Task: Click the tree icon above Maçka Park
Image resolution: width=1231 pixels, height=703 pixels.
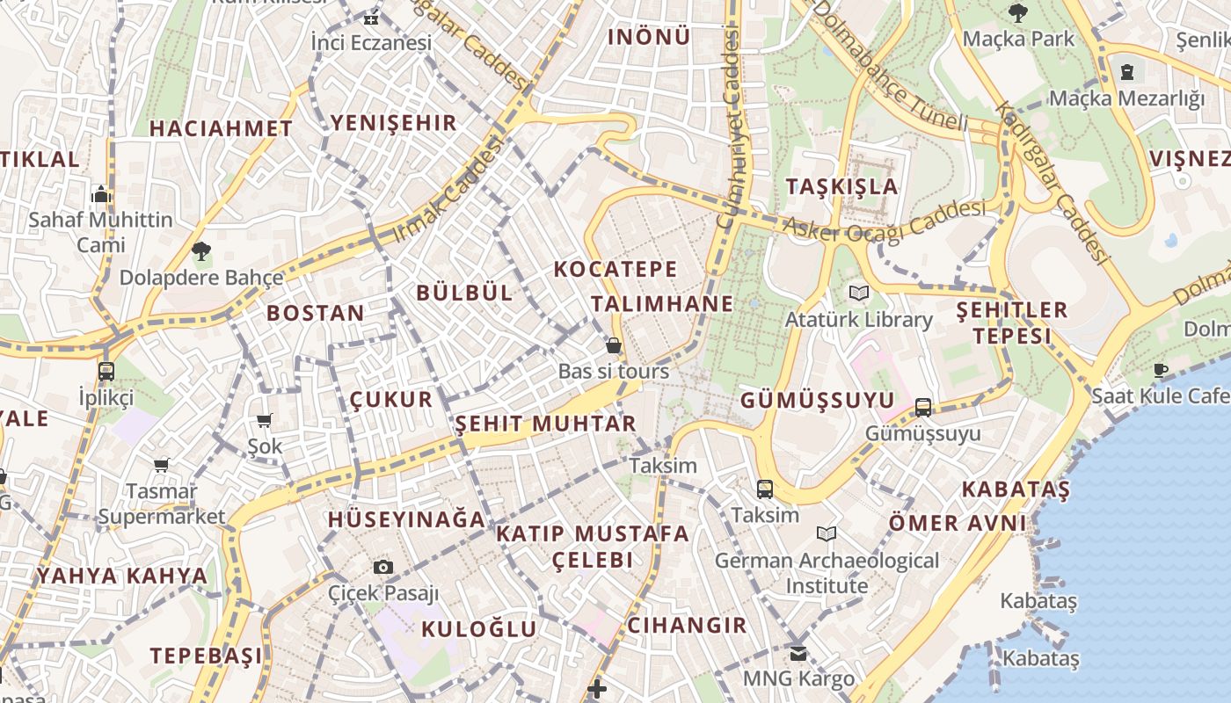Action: pos(1018,13)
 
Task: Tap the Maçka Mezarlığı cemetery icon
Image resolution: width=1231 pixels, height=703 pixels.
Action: pos(1127,71)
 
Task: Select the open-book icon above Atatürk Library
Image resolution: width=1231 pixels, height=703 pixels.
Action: pos(858,294)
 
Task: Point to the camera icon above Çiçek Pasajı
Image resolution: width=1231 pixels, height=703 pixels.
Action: pos(382,567)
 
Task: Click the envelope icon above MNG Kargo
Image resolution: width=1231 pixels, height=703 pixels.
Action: pos(798,653)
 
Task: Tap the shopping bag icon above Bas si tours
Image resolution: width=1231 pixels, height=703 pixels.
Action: pos(614,345)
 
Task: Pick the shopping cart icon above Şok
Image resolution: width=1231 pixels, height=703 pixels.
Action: pos(264,421)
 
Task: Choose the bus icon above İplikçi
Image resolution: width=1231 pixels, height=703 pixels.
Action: pos(106,371)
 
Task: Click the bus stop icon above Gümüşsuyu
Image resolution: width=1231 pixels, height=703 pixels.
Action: pos(922,407)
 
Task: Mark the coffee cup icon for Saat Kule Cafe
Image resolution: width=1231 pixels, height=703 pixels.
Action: pos(1161,370)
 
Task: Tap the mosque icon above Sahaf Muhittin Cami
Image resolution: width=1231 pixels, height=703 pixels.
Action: pos(101,193)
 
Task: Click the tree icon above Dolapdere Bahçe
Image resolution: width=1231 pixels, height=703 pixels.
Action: pos(200,251)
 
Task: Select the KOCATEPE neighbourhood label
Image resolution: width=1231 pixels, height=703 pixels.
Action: pos(615,269)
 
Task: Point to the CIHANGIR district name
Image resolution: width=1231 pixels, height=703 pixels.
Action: pos(687,626)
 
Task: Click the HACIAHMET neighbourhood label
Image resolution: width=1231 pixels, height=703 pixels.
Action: pos(221,128)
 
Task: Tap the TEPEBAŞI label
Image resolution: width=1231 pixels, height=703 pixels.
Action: pos(206,656)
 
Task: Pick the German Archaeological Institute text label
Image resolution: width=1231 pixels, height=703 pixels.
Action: pos(827,572)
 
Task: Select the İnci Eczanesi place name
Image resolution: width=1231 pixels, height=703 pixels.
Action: pos(371,42)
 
